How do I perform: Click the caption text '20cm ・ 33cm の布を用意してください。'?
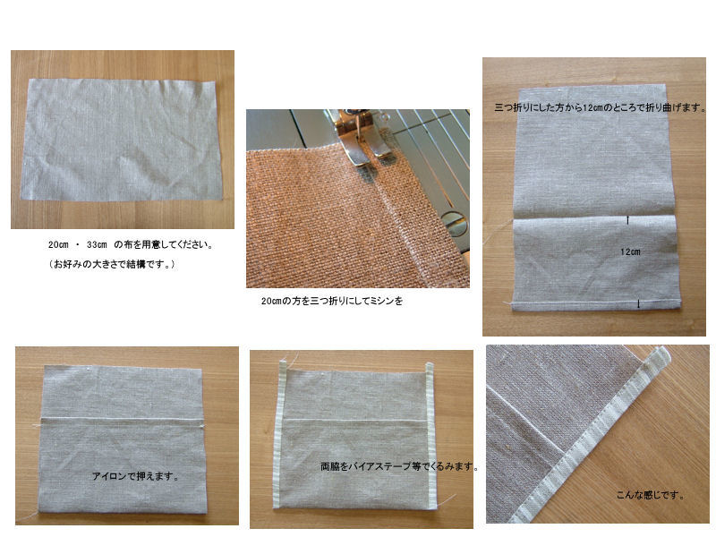pos(131,244)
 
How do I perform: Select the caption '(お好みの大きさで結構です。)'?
pos(112,264)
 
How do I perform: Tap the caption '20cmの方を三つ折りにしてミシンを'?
pos(332,301)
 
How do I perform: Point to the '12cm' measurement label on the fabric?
pos(630,251)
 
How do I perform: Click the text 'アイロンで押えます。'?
pos(136,476)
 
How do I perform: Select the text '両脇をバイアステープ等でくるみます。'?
pos(399,466)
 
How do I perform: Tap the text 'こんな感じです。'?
pos(651,495)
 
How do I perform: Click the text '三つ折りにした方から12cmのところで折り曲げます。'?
pos(600,107)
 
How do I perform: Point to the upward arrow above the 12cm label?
pos(628,220)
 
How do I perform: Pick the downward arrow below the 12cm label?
pos(638,303)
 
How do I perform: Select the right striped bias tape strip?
pos(430,435)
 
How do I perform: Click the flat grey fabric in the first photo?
pos(122,140)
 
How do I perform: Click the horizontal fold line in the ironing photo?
pos(122,419)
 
